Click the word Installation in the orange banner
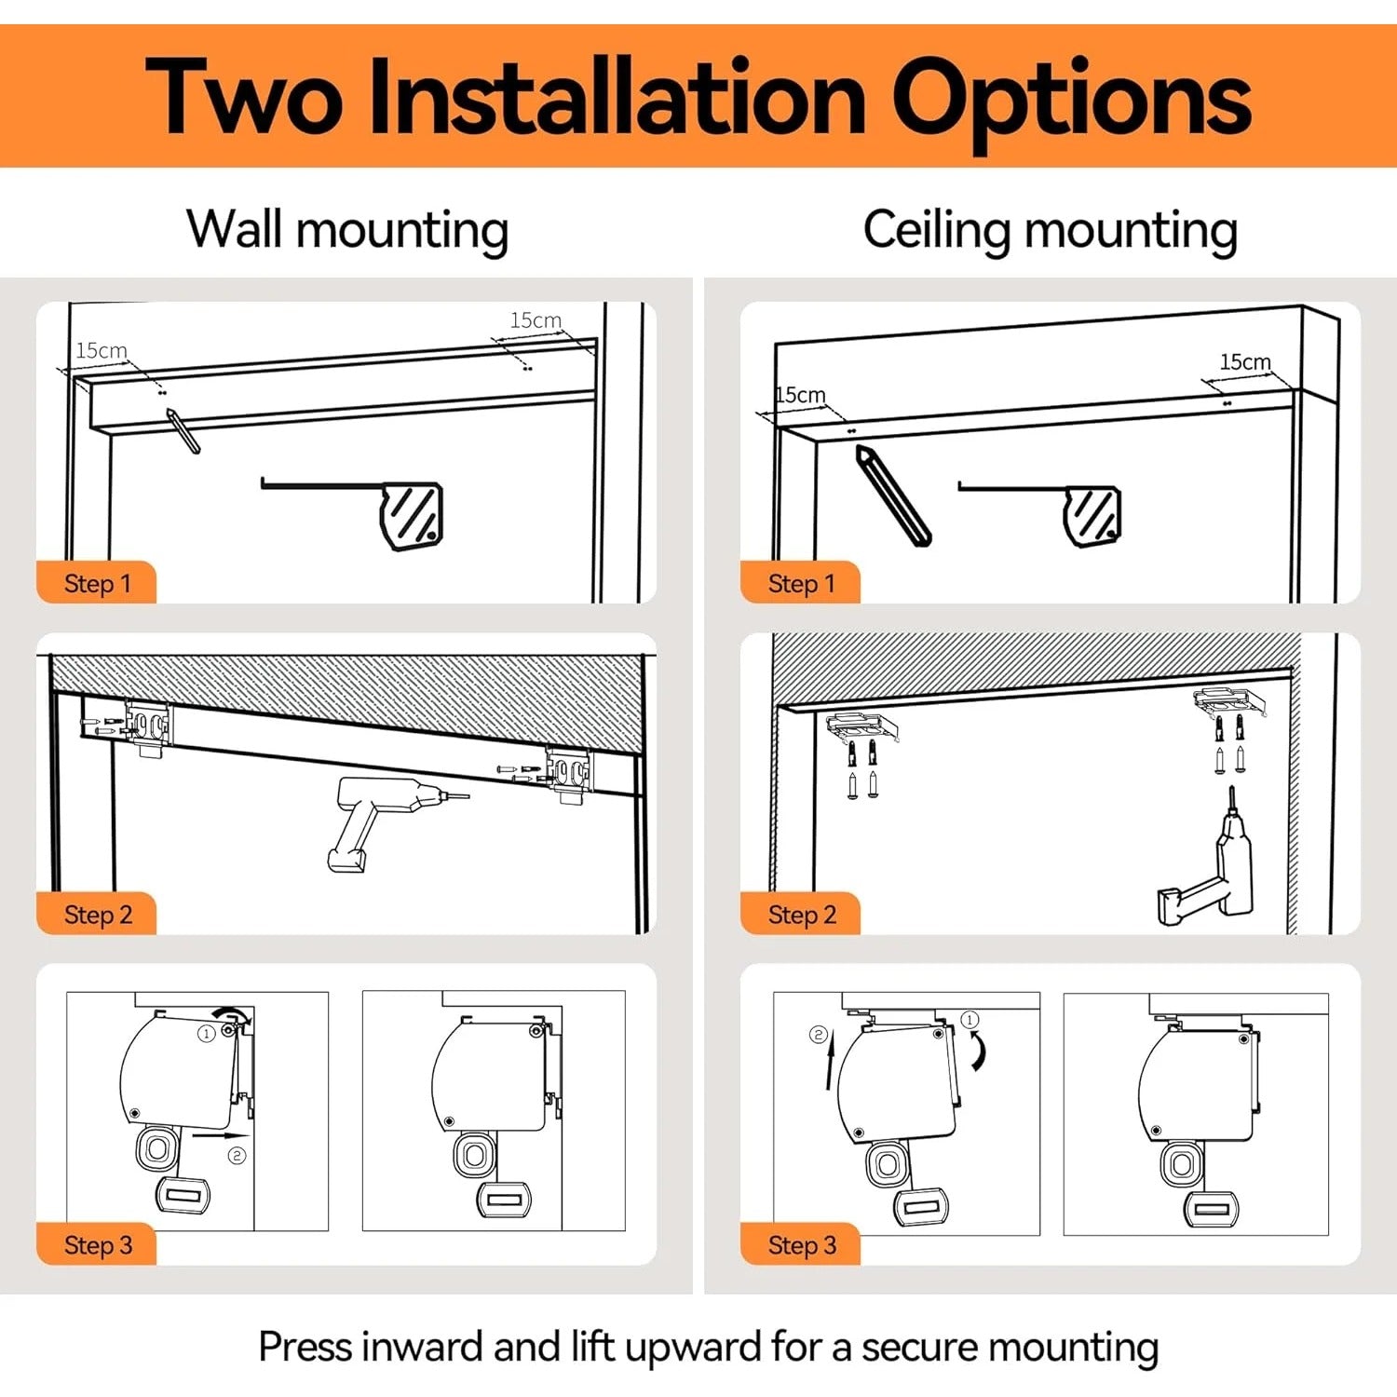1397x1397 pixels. coord(617,97)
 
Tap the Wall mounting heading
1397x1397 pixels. coord(347,230)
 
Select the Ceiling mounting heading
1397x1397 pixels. coord(1051,230)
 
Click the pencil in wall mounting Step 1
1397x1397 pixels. coord(183,430)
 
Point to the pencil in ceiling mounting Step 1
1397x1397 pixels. coord(892,495)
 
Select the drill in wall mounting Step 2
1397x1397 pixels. coord(387,820)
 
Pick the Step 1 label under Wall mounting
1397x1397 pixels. coord(98,584)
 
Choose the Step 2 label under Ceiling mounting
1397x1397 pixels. coord(802,915)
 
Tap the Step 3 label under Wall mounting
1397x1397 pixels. coord(98,1245)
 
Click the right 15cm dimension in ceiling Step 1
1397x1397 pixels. coord(1245,361)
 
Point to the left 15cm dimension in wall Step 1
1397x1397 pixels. coord(102,350)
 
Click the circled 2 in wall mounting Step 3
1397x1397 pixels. coord(237,1156)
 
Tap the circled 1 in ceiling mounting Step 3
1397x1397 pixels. coord(970,1020)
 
